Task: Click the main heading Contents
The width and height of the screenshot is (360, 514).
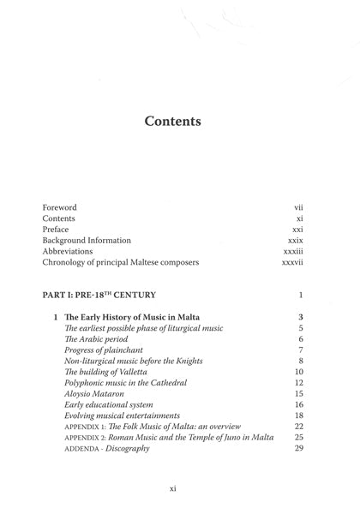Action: click(172, 122)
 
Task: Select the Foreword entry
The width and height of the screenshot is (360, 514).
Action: click(59, 207)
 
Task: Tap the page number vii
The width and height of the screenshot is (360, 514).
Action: click(298, 207)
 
